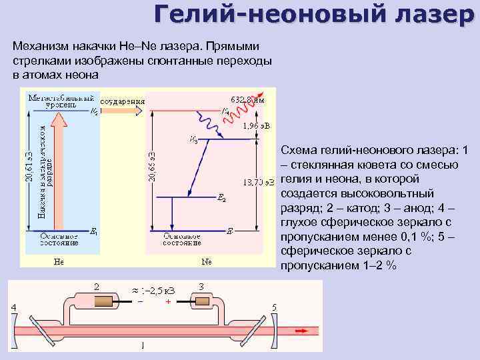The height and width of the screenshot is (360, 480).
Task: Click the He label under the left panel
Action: click(x=59, y=261)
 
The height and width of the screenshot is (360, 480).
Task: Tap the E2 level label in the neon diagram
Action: click(x=221, y=199)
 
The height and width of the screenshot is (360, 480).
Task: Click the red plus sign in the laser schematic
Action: click(x=169, y=301)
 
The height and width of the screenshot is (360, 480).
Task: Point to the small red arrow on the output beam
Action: click(x=302, y=330)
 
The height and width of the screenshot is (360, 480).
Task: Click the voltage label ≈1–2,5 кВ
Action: click(x=153, y=289)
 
